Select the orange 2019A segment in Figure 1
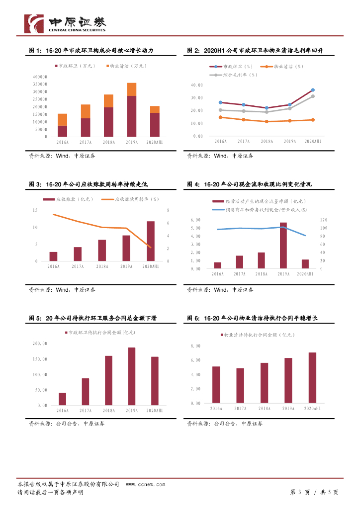tap(132, 89)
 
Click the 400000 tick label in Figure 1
tap(39, 77)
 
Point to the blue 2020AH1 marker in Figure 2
tap(313, 90)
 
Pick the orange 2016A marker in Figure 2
tap(220, 117)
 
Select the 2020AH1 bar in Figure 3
tap(150, 241)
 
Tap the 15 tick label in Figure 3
tap(34, 211)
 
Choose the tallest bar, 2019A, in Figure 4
tap(283, 246)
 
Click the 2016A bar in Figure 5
tap(62, 399)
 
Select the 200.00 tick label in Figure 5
tap(40, 343)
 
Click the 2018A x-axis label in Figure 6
tap(264, 409)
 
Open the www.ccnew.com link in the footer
tap(145, 484)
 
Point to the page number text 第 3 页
tap(300, 492)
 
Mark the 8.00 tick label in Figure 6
tap(195, 346)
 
